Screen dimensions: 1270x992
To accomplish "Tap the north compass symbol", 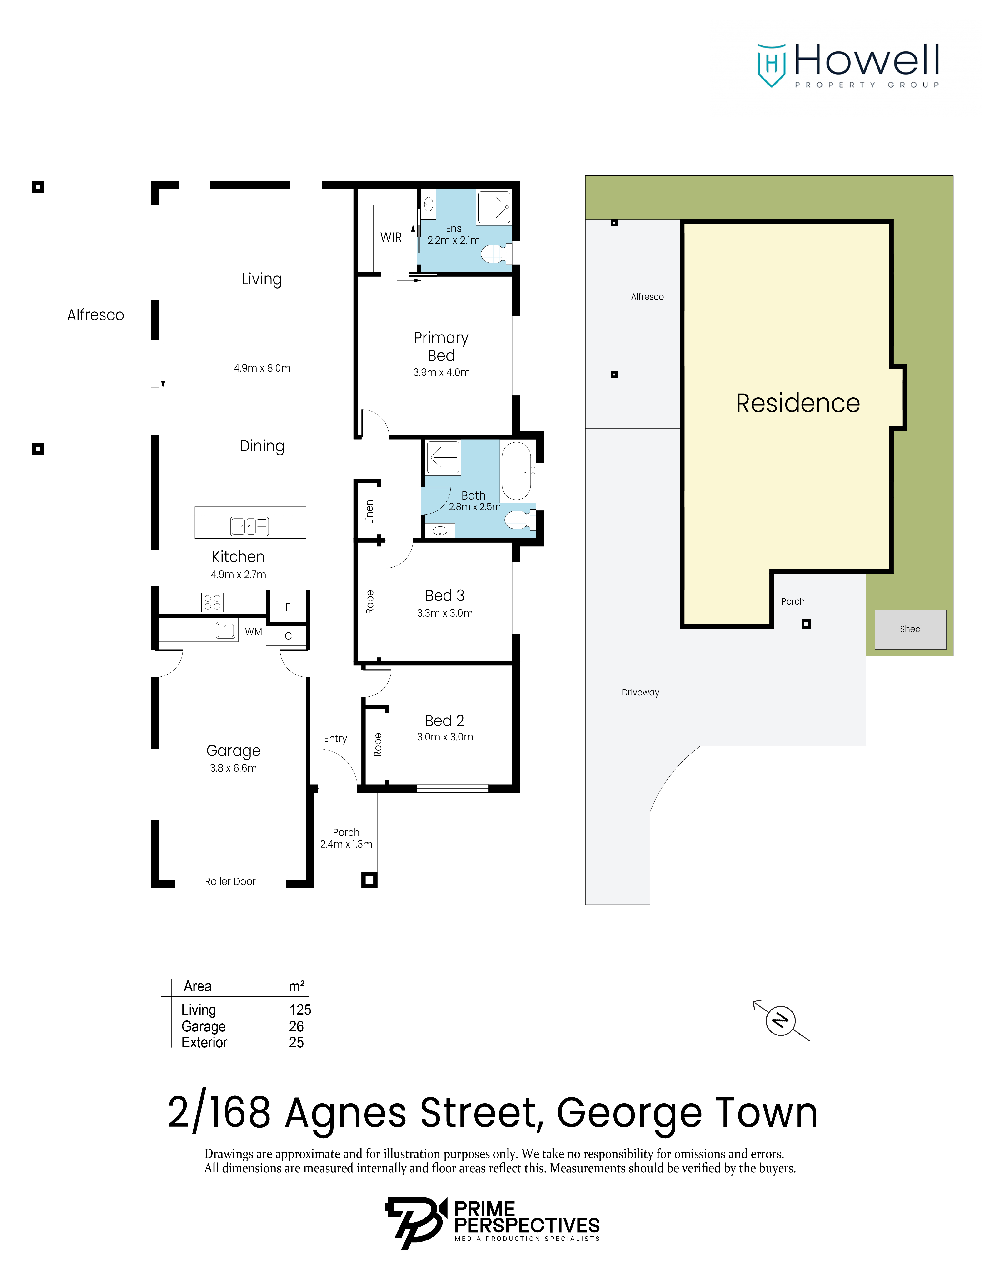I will point(780,1020).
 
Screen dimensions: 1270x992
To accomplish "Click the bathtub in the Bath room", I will point(516,471).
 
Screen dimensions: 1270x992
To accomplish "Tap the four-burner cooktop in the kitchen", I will point(212,602).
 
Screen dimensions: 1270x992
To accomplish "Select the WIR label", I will point(391,237).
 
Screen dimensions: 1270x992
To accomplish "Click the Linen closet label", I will point(369,512).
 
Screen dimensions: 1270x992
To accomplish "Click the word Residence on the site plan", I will point(798,403).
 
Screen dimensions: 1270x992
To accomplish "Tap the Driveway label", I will point(640,692).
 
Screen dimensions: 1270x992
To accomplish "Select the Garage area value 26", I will point(297,1026).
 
